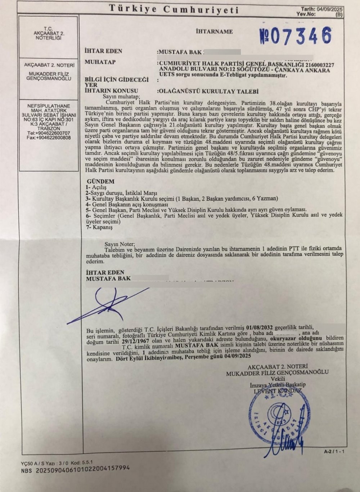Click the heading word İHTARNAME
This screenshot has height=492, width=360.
(214, 32)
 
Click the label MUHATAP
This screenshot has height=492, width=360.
(100, 62)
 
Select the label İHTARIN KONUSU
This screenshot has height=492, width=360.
(111, 91)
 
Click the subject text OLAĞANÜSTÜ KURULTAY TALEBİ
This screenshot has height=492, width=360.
(209, 92)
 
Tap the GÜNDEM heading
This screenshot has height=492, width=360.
(101, 182)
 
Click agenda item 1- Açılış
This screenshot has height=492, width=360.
(96, 188)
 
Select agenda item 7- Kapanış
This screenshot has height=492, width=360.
(99, 228)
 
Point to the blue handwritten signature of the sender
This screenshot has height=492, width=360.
(108, 303)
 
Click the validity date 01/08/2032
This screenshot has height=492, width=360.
(260, 328)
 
